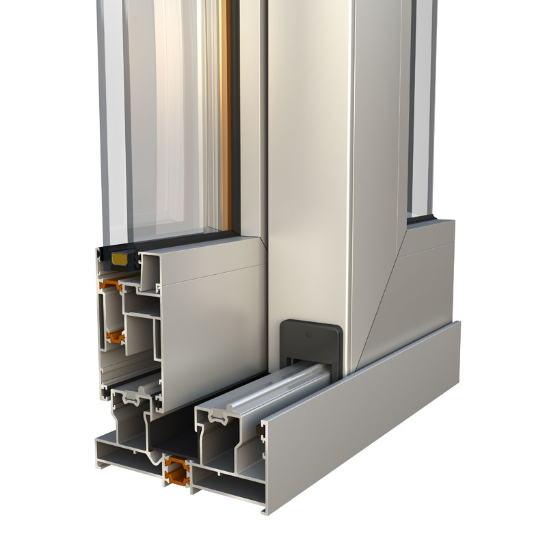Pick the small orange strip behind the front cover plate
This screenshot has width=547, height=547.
261,429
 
